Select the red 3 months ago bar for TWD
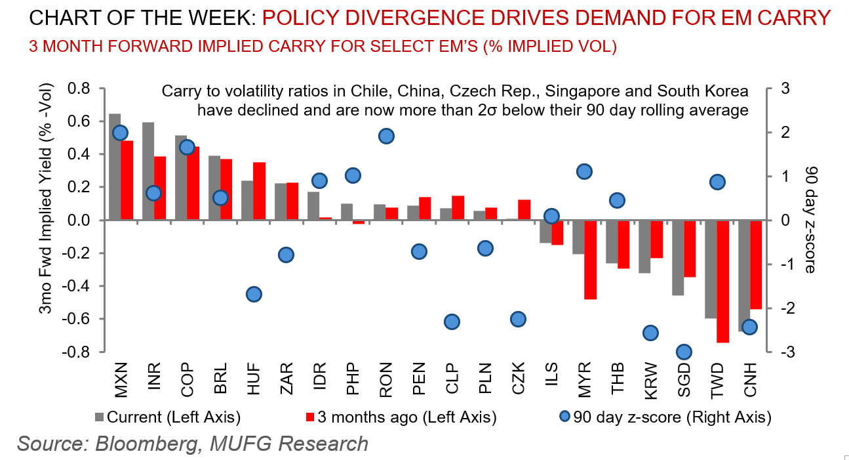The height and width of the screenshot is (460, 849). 722,282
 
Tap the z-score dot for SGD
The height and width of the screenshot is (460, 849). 684,352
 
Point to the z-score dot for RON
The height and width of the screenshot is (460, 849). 386,136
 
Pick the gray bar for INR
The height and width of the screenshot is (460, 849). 148,171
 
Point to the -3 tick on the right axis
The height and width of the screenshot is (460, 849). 783,352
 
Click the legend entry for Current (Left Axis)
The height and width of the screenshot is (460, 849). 168,416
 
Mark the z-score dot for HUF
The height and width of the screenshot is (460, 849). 254,295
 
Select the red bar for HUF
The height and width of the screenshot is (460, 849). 260,191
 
